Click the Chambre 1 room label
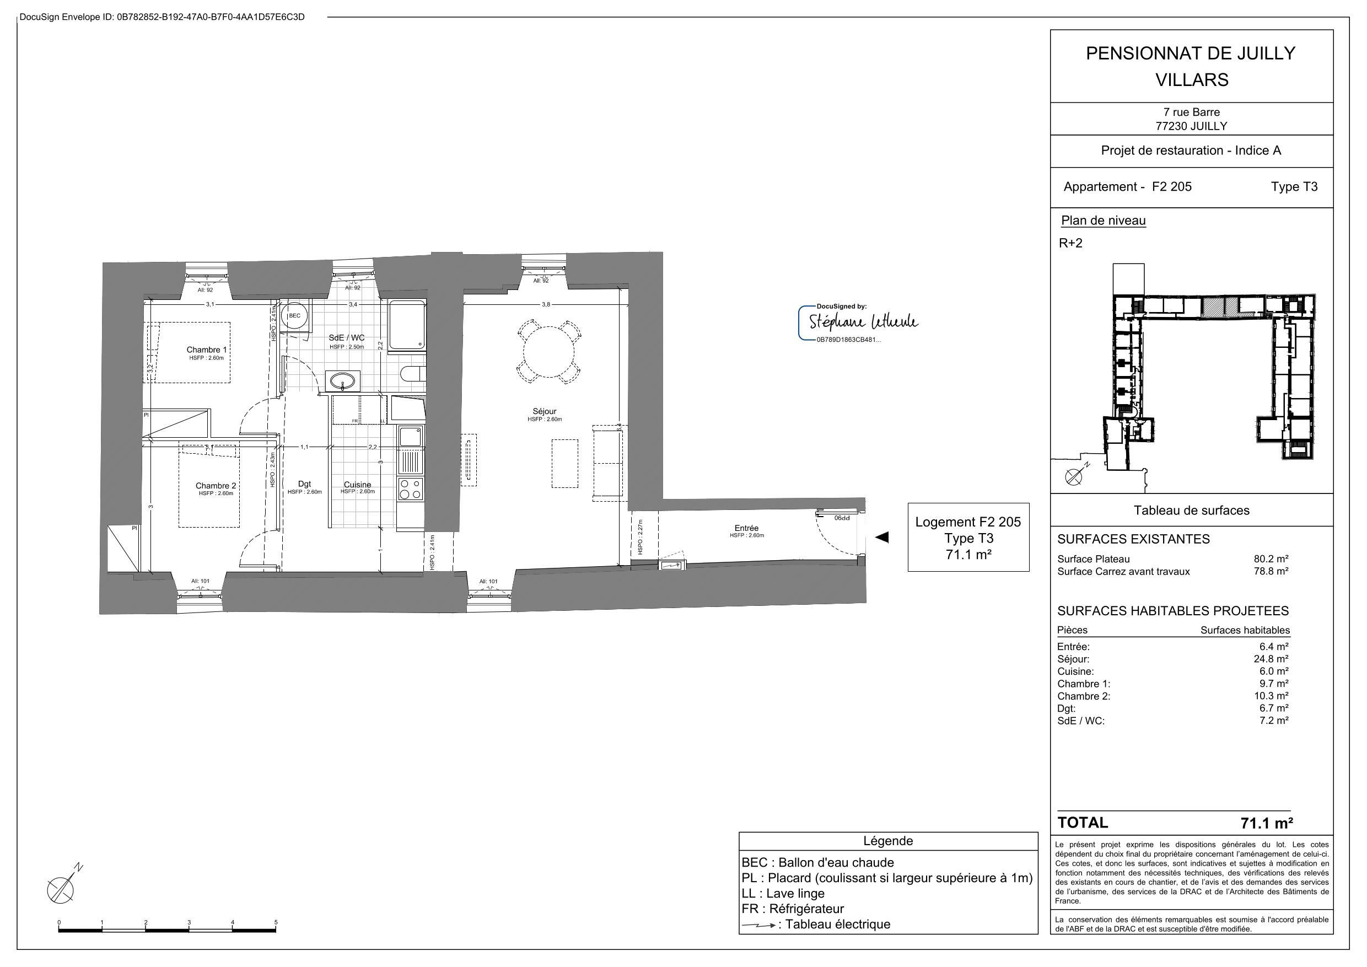point(207,350)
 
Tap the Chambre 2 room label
point(216,486)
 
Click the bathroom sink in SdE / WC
point(343,380)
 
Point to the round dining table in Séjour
point(548,351)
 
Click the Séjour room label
point(544,411)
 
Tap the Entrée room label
point(746,528)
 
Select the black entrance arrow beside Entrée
point(882,537)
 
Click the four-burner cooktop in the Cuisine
point(410,490)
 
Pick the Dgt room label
point(304,484)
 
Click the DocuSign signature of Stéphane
point(863,323)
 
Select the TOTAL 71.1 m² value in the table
point(1266,824)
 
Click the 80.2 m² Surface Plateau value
point(1271,559)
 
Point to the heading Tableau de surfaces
point(1191,511)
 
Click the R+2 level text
point(1070,243)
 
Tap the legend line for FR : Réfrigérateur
point(793,909)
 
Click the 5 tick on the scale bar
point(276,922)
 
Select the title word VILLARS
point(1191,80)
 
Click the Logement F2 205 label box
point(967,538)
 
